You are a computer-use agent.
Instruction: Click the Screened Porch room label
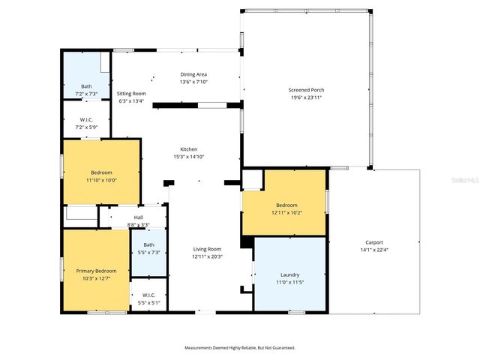pos(306,90)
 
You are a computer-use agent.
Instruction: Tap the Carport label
pos(374,242)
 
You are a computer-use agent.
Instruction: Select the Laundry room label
pos(289,275)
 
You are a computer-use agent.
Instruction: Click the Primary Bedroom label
pos(96,271)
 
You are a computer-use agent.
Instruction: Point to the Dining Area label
pos(193,74)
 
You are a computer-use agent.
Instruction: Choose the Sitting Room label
pos(131,94)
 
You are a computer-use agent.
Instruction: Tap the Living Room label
pos(206,249)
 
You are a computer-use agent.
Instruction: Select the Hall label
pos(138,218)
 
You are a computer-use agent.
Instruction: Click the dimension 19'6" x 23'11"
pos(306,97)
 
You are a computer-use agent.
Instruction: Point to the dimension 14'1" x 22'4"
pos(374,250)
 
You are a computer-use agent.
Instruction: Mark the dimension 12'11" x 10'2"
pos(286,212)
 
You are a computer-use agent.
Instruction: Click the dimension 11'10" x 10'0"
pos(101,180)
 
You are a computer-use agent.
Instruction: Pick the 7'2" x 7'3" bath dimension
pos(86,94)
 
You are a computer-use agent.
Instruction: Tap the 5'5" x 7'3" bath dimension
pos(148,252)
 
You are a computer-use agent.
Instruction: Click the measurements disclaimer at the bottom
pos(240,348)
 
